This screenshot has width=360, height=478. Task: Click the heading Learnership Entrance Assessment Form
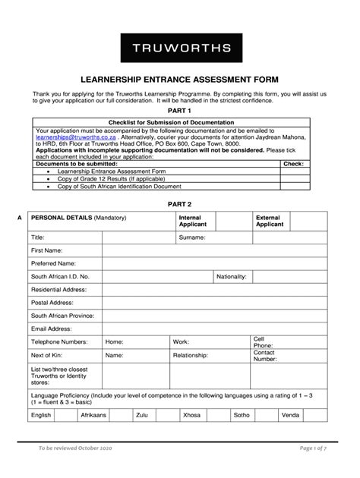(x=180, y=77)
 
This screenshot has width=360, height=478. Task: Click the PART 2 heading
(x=180, y=204)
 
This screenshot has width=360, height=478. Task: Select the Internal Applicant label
(x=190, y=221)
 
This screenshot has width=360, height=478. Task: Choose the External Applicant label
(x=269, y=221)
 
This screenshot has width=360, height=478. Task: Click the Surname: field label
(x=192, y=237)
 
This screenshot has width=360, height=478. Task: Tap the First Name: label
(x=46, y=250)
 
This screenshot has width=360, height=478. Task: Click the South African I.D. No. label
(x=60, y=277)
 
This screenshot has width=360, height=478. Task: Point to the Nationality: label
(x=232, y=277)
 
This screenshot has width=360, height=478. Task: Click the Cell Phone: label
(x=263, y=341)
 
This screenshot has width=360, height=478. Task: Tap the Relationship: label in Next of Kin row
(x=190, y=355)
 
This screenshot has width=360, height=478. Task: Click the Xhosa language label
(x=191, y=415)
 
